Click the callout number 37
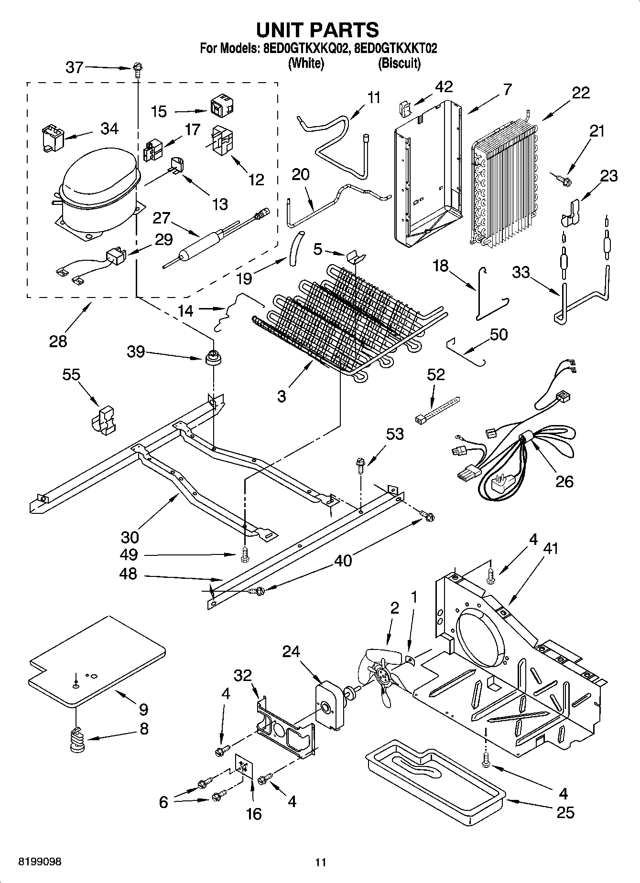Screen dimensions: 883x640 pyautogui.click(x=75, y=67)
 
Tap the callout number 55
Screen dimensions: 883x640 pyautogui.click(x=71, y=375)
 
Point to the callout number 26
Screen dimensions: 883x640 pyautogui.click(x=564, y=481)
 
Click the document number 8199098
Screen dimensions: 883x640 pyautogui.click(x=40, y=862)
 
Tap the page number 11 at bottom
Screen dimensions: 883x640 pyautogui.click(x=320, y=862)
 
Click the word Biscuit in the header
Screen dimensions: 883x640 pyautogui.click(x=399, y=63)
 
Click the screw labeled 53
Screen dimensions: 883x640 pyautogui.click(x=360, y=465)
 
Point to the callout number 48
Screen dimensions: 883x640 pyautogui.click(x=128, y=574)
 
